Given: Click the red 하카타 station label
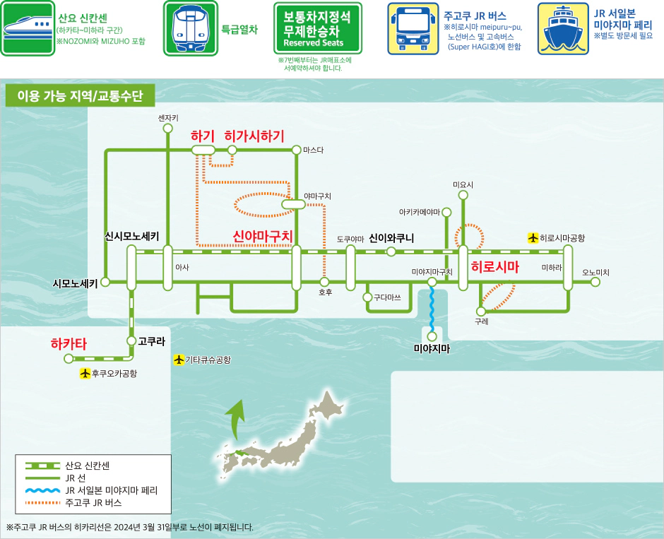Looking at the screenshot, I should [69, 344].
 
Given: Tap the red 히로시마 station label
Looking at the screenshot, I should [494, 267].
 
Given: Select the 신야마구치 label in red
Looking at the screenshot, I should [262, 236].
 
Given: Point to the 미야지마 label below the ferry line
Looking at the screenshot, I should [432, 348].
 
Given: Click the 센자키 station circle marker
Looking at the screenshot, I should [167, 129].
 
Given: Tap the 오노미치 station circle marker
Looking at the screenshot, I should [595, 282].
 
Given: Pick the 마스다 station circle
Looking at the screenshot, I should [296, 150].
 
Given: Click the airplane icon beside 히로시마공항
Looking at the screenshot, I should [533, 238].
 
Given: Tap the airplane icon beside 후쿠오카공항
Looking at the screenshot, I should [85, 373].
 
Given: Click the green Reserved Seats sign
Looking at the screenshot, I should [317, 28].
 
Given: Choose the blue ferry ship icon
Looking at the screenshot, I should [564, 28].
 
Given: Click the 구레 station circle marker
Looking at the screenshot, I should [480, 311].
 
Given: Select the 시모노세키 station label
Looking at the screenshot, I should [75, 283].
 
